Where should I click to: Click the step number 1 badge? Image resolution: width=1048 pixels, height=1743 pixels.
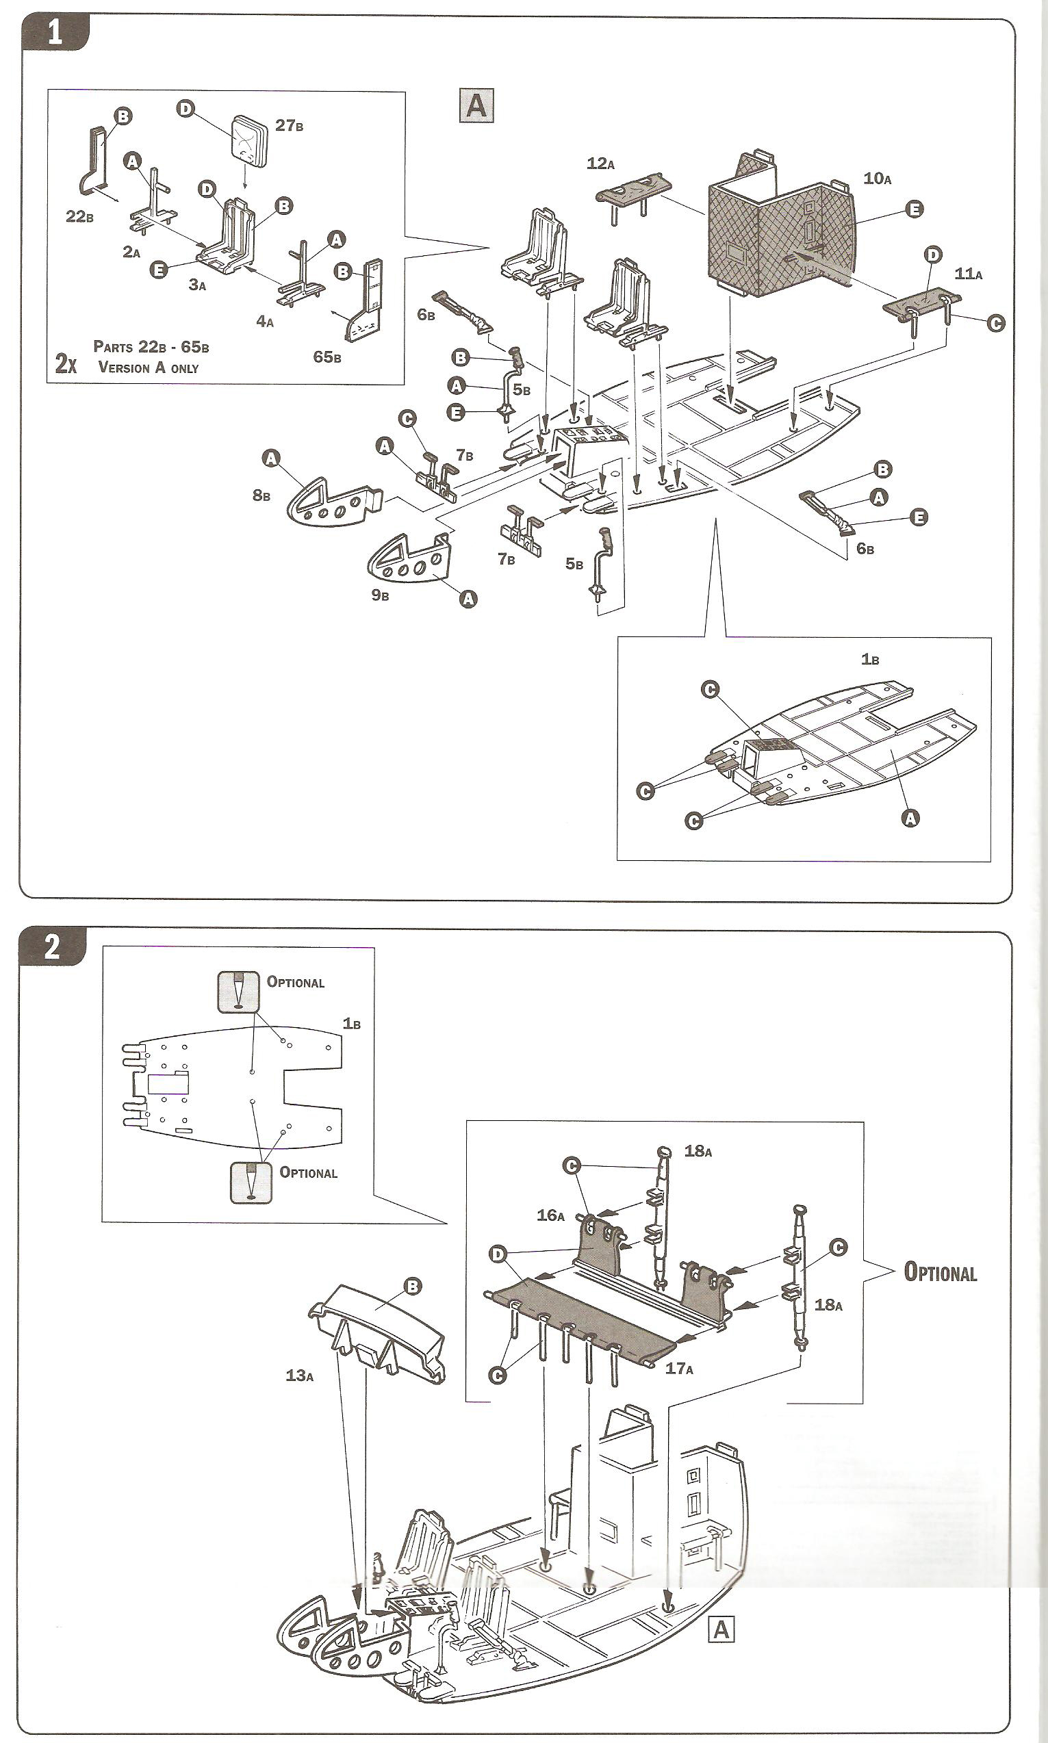click(x=54, y=33)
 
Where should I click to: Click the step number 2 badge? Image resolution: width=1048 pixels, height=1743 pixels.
click(x=51, y=947)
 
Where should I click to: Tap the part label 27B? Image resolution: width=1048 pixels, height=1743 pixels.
click(x=289, y=126)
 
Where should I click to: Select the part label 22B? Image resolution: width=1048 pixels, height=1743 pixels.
click(x=79, y=217)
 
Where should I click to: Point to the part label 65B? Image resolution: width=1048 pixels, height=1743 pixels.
click(x=327, y=357)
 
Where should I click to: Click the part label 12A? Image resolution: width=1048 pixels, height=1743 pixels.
click(x=600, y=164)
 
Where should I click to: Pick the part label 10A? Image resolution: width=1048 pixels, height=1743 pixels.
click(x=877, y=179)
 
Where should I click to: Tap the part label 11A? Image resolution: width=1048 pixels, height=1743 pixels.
click(x=968, y=274)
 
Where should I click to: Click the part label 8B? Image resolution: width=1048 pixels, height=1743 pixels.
click(x=261, y=495)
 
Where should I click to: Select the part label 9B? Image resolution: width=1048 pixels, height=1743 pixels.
click(x=380, y=595)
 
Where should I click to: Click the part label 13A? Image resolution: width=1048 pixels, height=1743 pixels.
click(x=299, y=1376)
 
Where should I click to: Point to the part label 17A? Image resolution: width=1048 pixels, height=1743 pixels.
click(x=678, y=1369)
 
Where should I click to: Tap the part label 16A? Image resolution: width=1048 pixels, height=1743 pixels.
click(x=550, y=1215)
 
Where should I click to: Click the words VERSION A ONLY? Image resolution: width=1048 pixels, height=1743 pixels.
click(x=149, y=367)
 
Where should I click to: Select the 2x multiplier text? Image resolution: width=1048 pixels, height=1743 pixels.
click(x=66, y=363)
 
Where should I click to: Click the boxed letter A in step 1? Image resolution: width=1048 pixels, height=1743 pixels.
click(x=476, y=106)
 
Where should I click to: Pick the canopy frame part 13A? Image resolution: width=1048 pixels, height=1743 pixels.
click(x=378, y=1327)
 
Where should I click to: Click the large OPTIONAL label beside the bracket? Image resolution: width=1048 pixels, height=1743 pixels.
click(x=940, y=1272)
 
